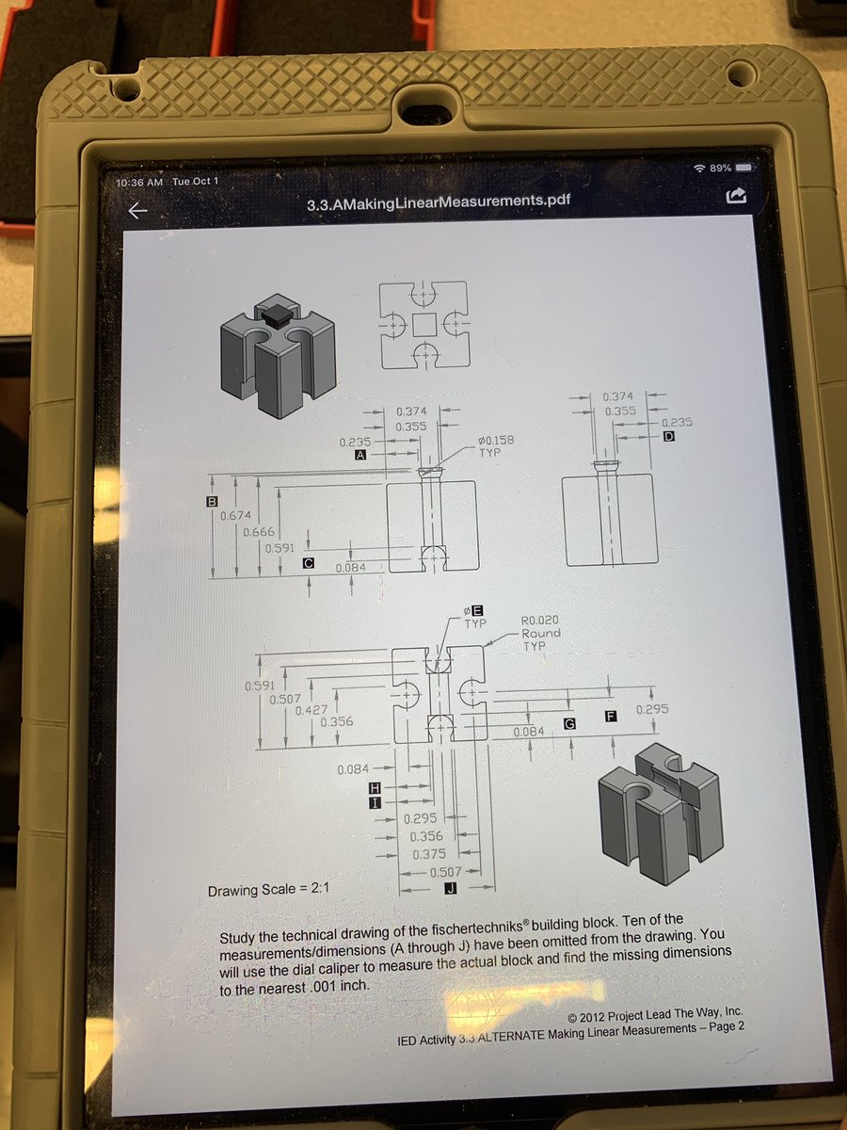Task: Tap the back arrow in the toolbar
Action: [x=137, y=211]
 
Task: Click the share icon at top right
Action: [x=735, y=196]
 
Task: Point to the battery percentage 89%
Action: [x=720, y=168]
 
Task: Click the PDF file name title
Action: [x=439, y=202]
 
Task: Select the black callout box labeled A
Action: [x=361, y=455]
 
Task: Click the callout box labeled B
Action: [x=211, y=501]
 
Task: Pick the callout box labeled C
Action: [x=308, y=563]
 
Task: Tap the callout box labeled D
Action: [x=669, y=437]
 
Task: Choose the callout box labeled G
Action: [x=569, y=724]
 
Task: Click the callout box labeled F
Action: [x=611, y=716]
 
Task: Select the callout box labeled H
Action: [x=375, y=787]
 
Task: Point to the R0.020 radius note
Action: [x=539, y=620]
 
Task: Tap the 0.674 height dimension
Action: [x=236, y=515]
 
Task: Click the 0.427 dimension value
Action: [x=312, y=710]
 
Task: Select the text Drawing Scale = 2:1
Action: [x=268, y=890]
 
